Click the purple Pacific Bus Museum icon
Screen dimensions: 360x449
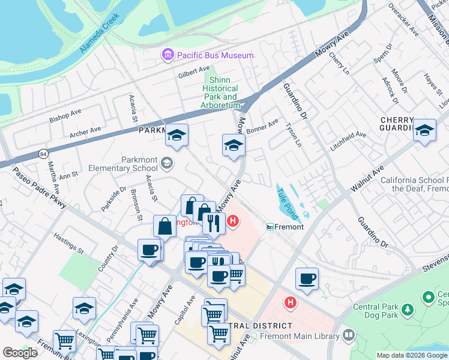[x=167, y=55]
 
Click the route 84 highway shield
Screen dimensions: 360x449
[x=43, y=154]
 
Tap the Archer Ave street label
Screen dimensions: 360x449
[x=85, y=131]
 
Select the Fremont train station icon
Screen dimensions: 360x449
[x=271, y=227]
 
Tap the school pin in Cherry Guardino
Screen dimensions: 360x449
[x=424, y=131]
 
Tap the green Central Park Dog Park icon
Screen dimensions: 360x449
[x=408, y=310]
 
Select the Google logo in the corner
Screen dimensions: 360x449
[x=20, y=353]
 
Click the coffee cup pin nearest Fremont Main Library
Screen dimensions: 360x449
[x=307, y=278]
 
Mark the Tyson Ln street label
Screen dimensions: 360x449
[x=293, y=135]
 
